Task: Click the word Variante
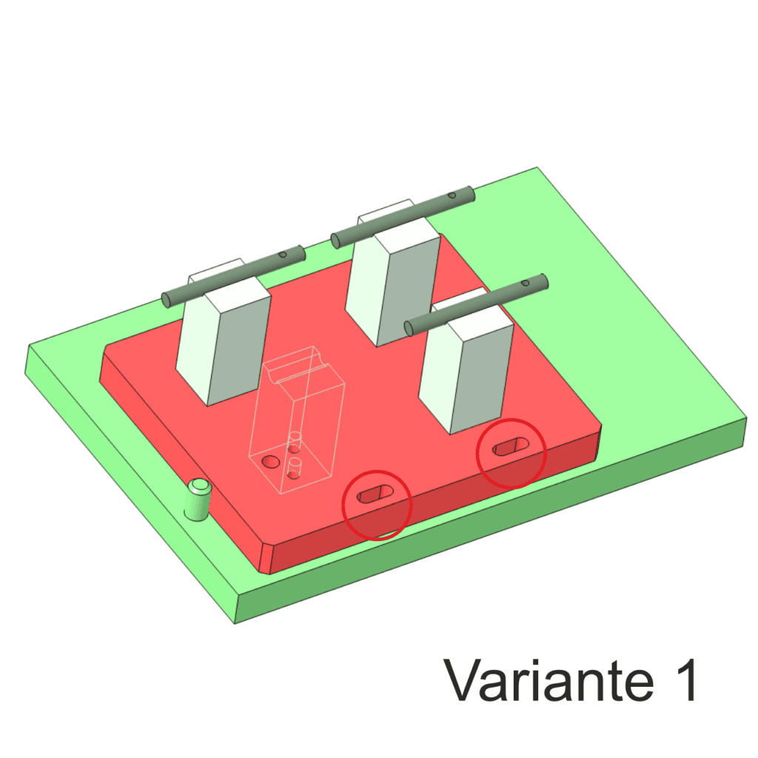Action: click(549, 680)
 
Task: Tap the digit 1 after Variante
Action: click(685, 680)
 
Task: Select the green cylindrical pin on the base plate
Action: click(198, 500)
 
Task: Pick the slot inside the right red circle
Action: click(511, 446)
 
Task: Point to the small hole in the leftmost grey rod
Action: click(283, 255)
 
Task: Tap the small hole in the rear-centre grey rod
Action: click(452, 195)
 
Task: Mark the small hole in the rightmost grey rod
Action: click(525, 282)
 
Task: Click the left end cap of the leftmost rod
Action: click(167, 301)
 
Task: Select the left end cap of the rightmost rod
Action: click(409, 329)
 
